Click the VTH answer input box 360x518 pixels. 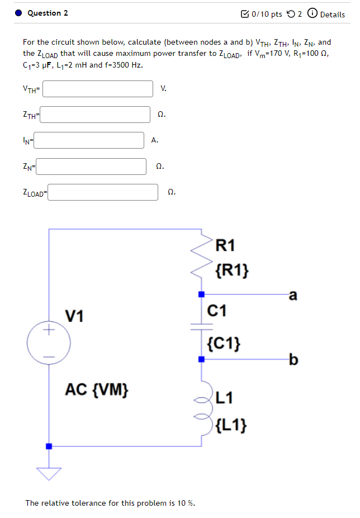[x=98, y=88]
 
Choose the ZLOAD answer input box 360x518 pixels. [x=106, y=192]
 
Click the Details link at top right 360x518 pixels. [x=333, y=14]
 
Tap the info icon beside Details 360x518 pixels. [x=312, y=14]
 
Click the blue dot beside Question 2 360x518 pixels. [x=18, y=13]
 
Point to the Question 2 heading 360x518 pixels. [x=48, y=13]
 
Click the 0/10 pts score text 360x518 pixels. [x=267, y=14]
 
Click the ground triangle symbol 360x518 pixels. [x=49, y=474]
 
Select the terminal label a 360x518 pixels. [x=292, y=296]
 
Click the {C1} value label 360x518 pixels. [x=224, y=343]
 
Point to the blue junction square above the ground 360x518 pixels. [x=49, y=446]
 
